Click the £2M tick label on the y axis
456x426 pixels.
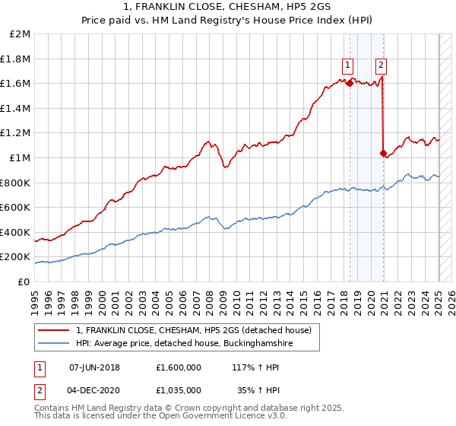click(x=21, y=34)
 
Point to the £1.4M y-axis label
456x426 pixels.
click(x=17, y=108)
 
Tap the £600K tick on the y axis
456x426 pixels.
click(x=17, y=207)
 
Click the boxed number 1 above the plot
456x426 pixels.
click(x=347, y=65)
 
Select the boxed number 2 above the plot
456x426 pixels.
click(x=381, y=65)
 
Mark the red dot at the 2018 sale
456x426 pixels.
click(x=350, y=83)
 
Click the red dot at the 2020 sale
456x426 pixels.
click(x=383, y=153)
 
